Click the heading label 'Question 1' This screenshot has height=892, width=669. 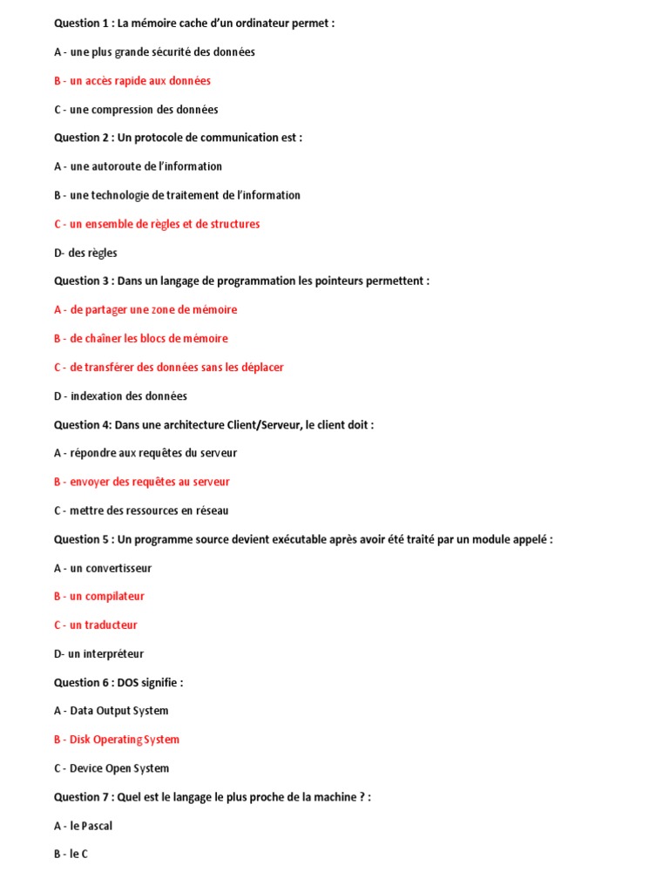point(81,24)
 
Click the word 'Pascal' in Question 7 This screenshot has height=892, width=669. point(97,826)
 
